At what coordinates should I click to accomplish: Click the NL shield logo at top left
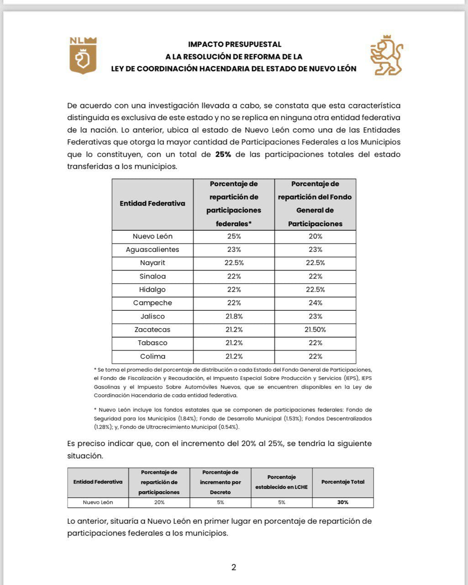click(x=83, y=55)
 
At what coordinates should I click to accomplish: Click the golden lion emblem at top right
click(x=386, y=55)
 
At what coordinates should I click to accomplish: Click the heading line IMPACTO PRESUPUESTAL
click(x=234, y=44)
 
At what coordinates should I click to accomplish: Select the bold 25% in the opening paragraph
click(x=223, y=154)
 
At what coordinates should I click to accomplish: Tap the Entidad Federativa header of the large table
click(x=152, y=204)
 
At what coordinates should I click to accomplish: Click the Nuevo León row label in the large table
click(x=152, y=236)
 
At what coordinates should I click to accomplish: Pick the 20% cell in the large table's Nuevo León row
click(x=315, y=236)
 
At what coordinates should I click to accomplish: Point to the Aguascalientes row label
click(x=152, y=250)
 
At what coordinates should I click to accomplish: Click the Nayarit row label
click(x=152, y=263)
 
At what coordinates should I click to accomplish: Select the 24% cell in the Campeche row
click(x=315, y=303)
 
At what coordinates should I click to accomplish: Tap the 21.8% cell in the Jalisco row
click(x=234, y=316)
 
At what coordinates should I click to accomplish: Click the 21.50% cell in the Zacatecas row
click(x=315, y=330)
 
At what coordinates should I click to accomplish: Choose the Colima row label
click(x=152, y=356)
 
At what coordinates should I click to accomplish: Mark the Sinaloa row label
click(x=152, y=276)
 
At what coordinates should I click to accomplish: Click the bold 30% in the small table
click(x=343, y=502)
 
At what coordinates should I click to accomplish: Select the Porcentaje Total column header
click(x=343, y=482)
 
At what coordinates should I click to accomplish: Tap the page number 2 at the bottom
click(x=234, y=568)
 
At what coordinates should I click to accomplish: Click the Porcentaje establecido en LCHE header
click(x=281, y=482)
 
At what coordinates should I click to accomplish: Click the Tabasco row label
click(x=152, y=343)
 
